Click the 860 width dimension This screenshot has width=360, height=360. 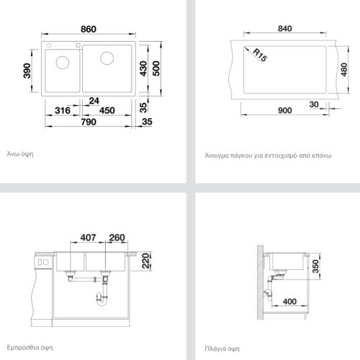coord(89,30)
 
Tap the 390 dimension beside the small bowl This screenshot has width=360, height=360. coord(27,71)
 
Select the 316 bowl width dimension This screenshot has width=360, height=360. coord(63,111)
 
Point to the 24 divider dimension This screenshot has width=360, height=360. coord(94,101)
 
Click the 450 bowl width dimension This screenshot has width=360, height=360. coord(107,111)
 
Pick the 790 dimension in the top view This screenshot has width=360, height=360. coord(89,122)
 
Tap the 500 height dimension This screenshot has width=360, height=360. coord(156,68)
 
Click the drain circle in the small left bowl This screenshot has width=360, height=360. coord(63,62)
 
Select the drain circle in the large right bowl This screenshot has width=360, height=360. coord(107,58)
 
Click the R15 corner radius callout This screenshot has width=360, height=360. coord(260,55)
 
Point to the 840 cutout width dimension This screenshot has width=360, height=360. coord(285,29)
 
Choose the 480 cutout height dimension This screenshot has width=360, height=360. coord(344,70)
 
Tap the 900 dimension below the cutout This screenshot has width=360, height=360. coord(285,111)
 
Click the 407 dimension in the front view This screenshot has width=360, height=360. coord(88,238)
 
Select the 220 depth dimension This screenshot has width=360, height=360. coord(145,261)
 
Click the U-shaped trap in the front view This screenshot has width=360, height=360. coord(102,300)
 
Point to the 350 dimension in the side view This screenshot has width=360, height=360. coord(315,266)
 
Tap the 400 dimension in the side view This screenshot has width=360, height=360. coord(289,302)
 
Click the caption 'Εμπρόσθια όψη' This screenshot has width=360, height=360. coord(30,348)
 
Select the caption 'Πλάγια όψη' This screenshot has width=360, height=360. coord(222,348)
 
